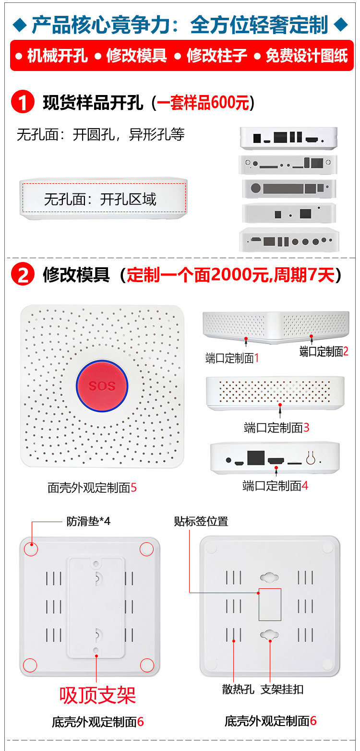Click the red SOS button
pos(102,386)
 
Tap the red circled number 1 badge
pos(23,103)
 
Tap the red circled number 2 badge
pos(23,275)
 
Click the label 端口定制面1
pos(232,358)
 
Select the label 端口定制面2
pos(324,351)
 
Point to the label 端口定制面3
pos(276,427)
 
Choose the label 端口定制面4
pos(275,486)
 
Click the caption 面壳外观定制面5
pos(92,488)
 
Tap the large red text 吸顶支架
pos(97,695)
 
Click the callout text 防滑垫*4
pos(88,521)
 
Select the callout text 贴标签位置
pos(201,521)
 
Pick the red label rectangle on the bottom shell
pos(270,604)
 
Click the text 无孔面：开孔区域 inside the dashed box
pos(100,199)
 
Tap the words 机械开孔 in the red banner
pos(57,56)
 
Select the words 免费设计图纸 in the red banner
pos(306,56)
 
